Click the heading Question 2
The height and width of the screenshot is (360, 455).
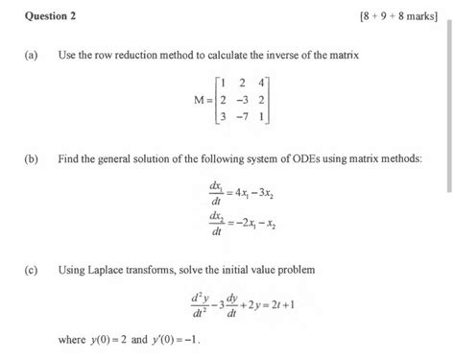[45, 16]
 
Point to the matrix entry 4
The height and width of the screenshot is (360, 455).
[260, 84]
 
